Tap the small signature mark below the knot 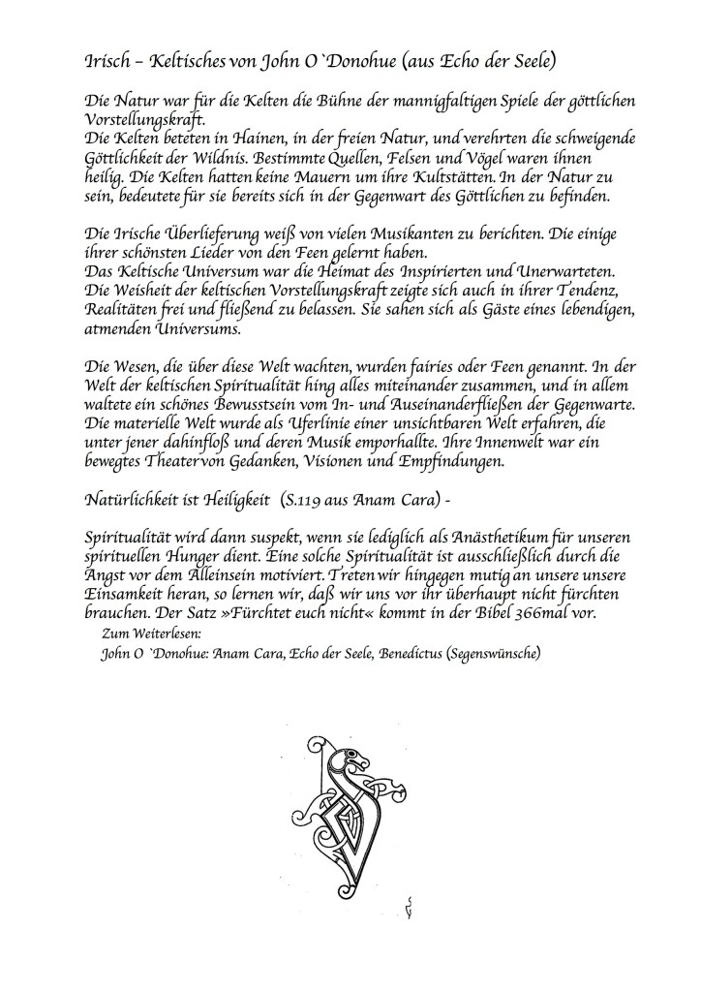pos(411,905)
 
